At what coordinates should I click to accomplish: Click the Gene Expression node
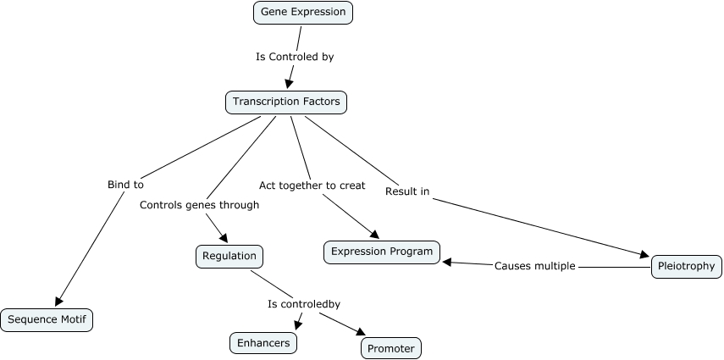pyautogui.click(x=302, y=13)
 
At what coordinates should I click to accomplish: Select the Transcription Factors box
pyautogui.click(x=286, y=102)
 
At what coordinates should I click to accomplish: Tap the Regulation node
pyautogui.click(x=229, y=256)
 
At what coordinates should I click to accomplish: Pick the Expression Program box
pyautogui.click(x=381, y=252)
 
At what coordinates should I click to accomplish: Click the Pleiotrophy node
pyautogui.click(x=686, y=267)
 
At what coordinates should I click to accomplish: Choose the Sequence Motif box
pyautogui.click(x=47, y=319)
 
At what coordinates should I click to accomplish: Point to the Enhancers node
pyautogui.click(x=263, y=342)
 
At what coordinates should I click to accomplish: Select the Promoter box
pyautogui.click(x=390, y=347)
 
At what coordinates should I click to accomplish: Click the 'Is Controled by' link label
pyautogui.click(x=295, y=58)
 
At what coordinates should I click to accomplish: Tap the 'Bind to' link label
pyautogui.click(x=125, y=184)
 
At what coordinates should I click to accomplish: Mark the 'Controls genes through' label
pyautogui.click(x=199, y=204)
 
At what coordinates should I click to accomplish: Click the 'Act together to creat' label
pyautogui.click(x=312, y=185)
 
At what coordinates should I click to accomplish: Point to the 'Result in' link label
pyautogui.click(x=407, y=191)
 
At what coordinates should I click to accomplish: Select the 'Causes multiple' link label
pyautogui.click(x=534, y=266)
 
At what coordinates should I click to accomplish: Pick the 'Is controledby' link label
pyautogui.click(x=304, y=303)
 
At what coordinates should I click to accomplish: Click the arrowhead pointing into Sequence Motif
pyautogui.click(x=58, y=300)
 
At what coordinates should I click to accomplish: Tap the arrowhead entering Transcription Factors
pyautogui.click(x=290, y=83)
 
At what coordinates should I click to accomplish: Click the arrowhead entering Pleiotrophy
pyautogui.click(x=644, y=253)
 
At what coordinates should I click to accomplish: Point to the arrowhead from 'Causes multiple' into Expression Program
pyautogui.click(x=447, y=263)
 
